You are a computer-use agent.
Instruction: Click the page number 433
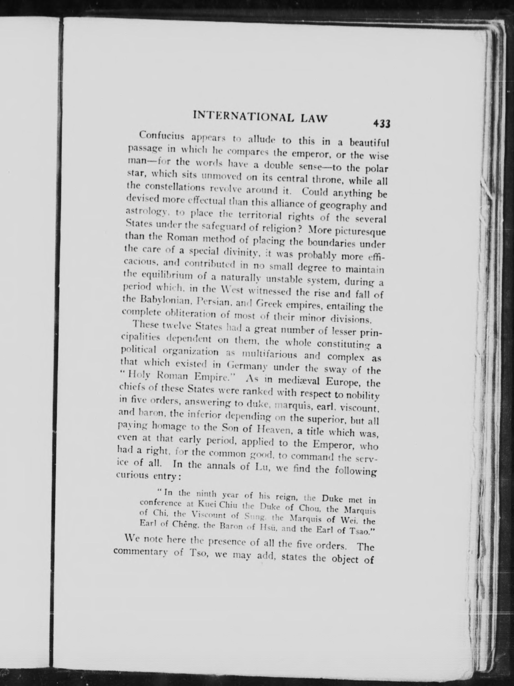pos(381,124)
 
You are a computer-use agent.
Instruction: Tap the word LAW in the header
pos(313,119)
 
